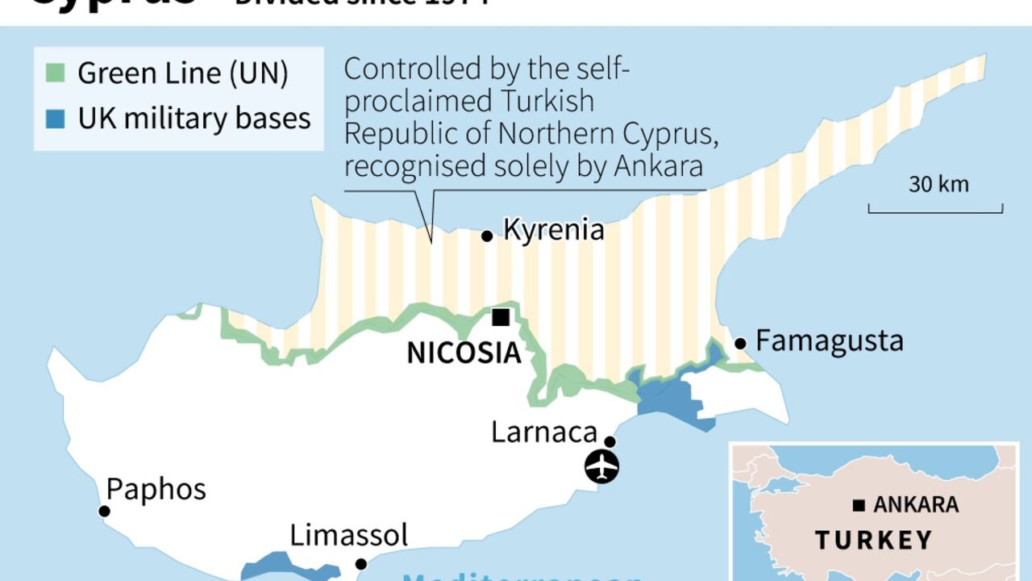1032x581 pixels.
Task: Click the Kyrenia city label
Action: pos(553,230)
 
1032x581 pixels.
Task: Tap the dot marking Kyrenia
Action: pos(487,236)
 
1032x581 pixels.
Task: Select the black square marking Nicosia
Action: pos(501,318)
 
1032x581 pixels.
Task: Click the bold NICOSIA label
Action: pos(464,353)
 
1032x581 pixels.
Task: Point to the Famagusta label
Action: pos(829,341)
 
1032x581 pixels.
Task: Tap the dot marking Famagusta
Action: pos(740,344)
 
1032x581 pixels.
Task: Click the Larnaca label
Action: pos(544,433)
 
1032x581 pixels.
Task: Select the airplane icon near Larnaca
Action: pos(601,466)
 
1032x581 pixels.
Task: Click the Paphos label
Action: pos(156,489)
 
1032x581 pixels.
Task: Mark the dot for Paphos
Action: pos(104,511)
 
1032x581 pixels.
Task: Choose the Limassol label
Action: pos(349,535)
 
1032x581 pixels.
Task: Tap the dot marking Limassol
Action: pos(361,564)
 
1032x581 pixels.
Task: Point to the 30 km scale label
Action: pos(938,185)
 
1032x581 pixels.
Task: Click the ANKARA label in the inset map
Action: pos(916,505)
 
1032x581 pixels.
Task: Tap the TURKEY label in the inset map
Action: pos(873,540)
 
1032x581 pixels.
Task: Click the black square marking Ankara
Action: pos(859,506)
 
